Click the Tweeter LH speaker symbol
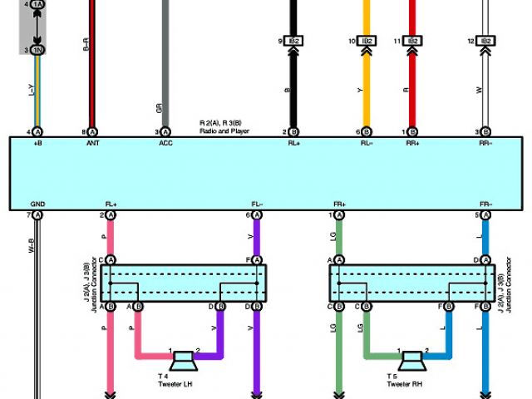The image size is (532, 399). (x=182, y=362)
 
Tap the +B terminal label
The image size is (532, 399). (x=37, y=142)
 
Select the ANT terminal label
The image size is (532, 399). (x=92, y=142)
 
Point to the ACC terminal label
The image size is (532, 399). (x=165, y=142)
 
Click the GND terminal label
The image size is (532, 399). (x=37, y=204)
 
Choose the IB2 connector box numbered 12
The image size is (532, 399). (x=487, y=41)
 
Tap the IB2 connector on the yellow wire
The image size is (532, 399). (x=366, y=41)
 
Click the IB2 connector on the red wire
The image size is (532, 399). (x=412, y=41)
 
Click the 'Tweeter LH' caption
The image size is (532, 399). (x=175, y=383)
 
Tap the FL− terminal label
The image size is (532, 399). (x=257, y=204)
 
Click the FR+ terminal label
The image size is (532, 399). (x=339, y=204)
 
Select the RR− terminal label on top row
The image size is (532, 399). (x=486, y=142)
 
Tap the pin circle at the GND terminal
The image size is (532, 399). (x=37, y=215)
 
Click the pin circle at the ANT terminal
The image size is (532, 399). (x=92, y=131)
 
